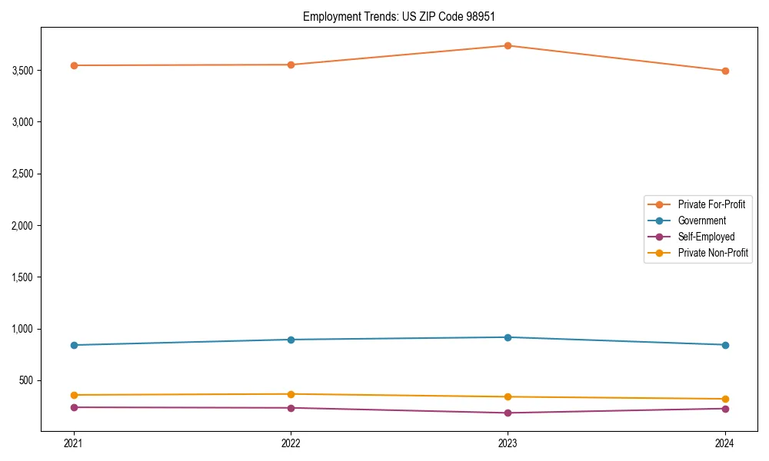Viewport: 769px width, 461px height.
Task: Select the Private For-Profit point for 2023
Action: [x=508, y=45]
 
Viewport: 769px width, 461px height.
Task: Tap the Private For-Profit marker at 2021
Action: [x=74, y=65]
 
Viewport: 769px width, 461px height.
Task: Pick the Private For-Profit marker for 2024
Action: [x=725, y=71]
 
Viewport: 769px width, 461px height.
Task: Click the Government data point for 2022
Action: [x=291, y=340]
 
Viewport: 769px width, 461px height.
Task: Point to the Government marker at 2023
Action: [x=508, y=337]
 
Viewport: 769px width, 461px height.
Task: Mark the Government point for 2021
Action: [x=74, y=345]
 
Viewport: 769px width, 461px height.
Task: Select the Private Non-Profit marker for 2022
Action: [x=291, y=394]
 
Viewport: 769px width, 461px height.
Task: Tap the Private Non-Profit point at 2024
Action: [x=725, y=399]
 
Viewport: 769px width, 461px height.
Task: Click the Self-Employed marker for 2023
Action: [x=508, y=413]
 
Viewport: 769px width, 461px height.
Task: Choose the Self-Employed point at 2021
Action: [x=74, y=407]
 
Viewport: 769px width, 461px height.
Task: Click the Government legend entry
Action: [x=701, y=221]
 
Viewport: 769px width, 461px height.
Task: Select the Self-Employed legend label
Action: [x=706, y=237]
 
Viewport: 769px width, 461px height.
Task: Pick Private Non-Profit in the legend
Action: [x=713, y=253]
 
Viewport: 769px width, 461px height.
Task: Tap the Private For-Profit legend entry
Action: [x=711, y=204]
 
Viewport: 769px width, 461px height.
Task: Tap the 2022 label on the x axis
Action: [x=291, y=443]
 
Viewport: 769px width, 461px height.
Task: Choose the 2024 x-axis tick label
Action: [x=725, y=443]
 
